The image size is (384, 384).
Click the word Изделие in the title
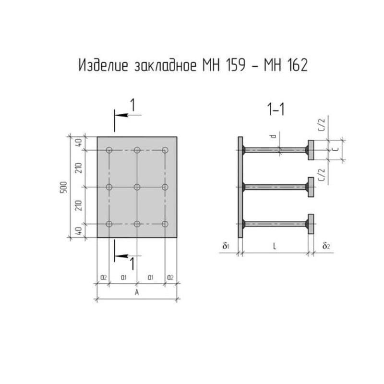tap(103, 66)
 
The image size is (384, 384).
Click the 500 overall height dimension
tap(63, 187)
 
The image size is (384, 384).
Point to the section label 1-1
tap(276, 109)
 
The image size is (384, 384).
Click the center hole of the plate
tap(137, 187)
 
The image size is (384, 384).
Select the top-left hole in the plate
tap(109, 150)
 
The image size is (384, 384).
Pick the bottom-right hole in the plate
tap(165, 224)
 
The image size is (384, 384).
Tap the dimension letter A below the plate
tap(137, 292)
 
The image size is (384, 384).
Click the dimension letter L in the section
tap(275, 246)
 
